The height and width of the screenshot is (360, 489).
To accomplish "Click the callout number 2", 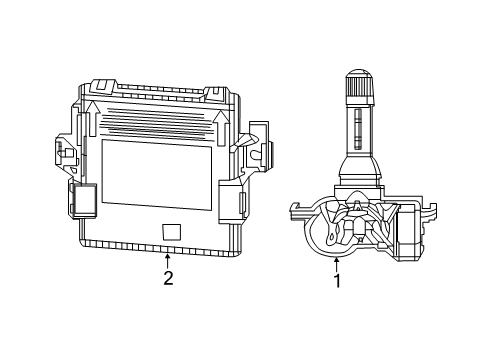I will pyautogui.click(x=168, y=278).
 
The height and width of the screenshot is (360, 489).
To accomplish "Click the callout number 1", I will pyautogui.click(x=337, y=281).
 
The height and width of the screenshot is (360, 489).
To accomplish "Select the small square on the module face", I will pyautogui.click(x=171, y=231).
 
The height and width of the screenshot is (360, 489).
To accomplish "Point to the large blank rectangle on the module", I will pyautogui.click(x=156, y=173).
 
